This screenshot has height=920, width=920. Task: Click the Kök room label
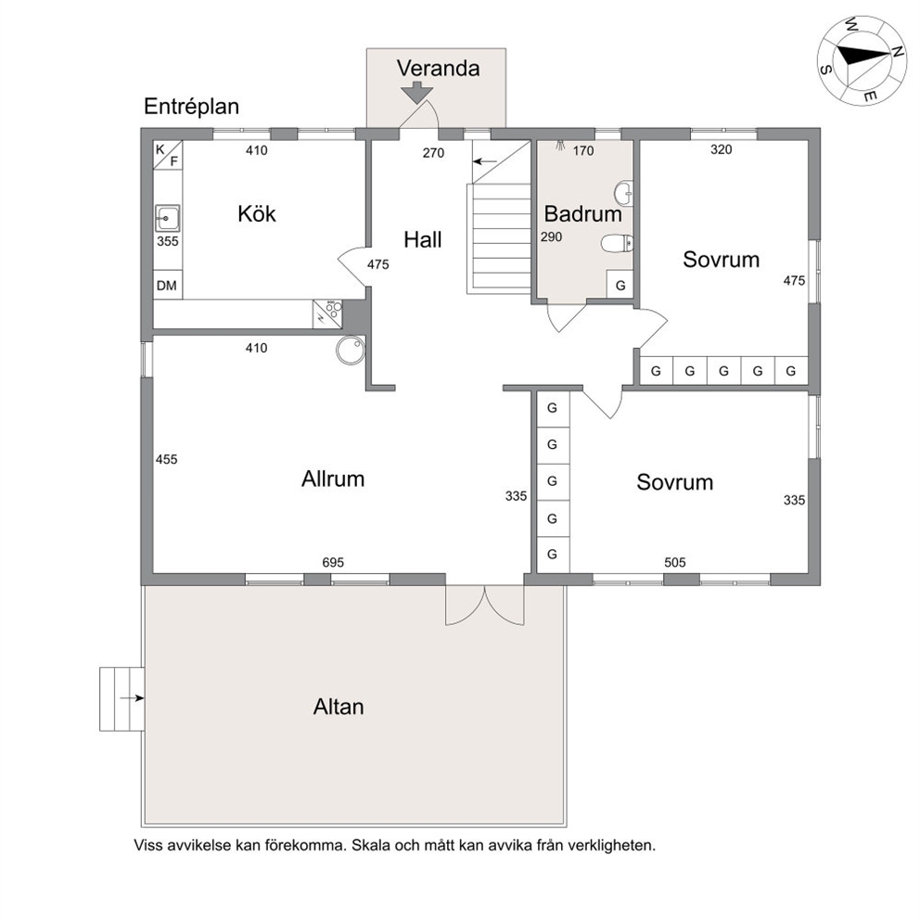256,213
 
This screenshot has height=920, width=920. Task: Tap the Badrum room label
582,213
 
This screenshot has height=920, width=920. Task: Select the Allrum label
333,479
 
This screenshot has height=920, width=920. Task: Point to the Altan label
339,707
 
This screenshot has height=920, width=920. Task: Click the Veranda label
439,68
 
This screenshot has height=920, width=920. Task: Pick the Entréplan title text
191,107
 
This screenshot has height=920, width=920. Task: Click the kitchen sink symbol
167,218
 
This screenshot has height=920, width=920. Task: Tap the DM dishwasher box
167,285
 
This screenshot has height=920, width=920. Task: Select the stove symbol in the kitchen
327,313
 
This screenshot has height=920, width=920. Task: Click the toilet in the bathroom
617,243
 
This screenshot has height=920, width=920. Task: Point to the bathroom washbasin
624,193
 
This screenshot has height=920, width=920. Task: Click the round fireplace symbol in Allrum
351,351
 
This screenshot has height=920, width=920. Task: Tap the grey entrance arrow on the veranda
416,93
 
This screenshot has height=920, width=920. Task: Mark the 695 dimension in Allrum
333,562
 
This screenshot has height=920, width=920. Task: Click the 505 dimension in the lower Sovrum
675,562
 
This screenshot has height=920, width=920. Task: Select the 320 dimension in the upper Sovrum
722,149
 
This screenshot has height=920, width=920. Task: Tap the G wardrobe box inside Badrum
620,285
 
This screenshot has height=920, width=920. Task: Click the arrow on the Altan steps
132,698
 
